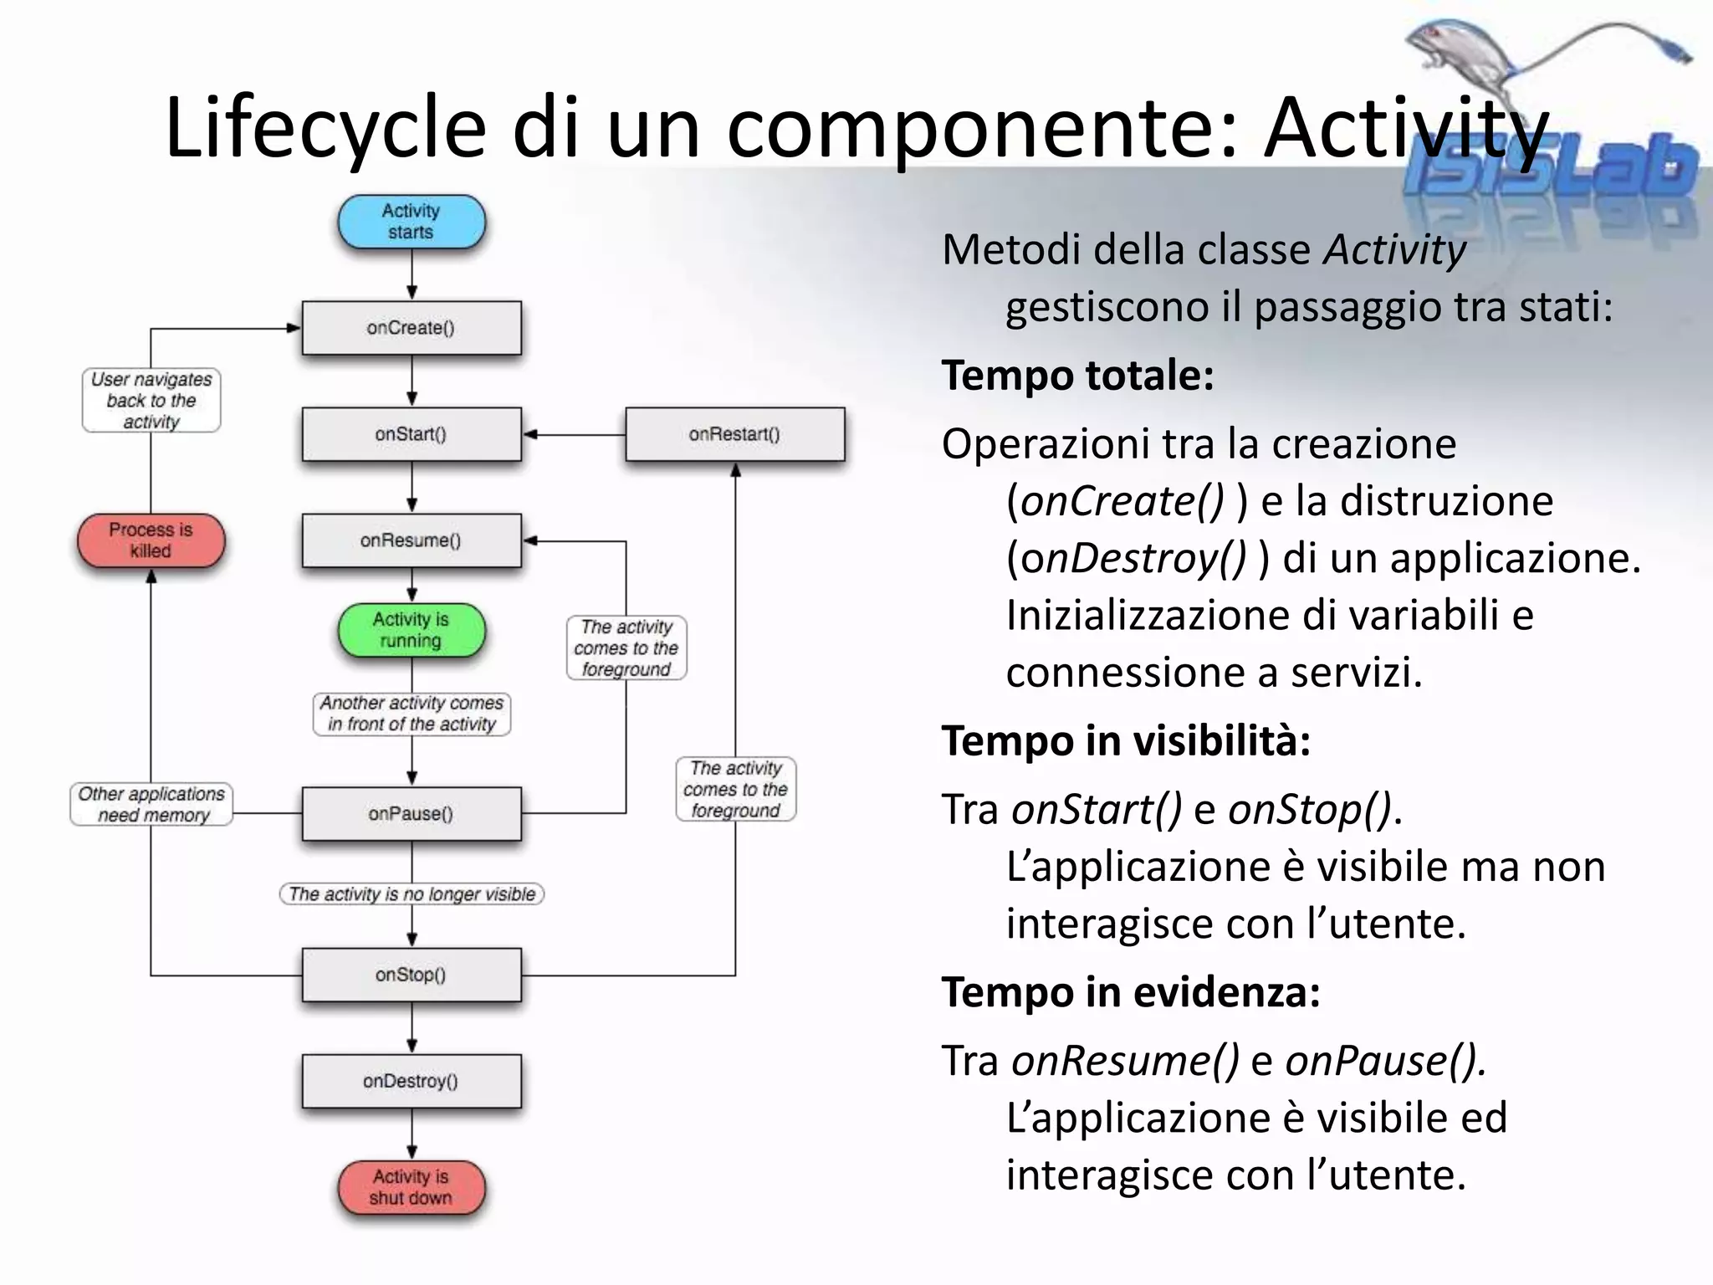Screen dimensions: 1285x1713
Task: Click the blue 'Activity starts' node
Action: click(411, 222)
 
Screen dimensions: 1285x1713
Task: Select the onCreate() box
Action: click(411, 328)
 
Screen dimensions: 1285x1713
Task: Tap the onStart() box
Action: click(411, 434)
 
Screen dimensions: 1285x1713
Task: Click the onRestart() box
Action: click(734, 434)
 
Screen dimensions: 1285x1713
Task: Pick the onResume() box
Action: click(411, 540)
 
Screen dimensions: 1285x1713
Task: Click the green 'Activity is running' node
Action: click(411, 630)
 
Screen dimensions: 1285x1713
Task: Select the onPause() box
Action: click(411, 813)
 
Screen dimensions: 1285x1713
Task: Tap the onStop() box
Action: click(411, 975)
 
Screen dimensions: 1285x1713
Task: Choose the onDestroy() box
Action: click(411, 1081)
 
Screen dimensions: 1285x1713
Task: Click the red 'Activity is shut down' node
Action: click(411, 1187)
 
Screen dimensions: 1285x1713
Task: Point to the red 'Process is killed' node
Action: click(151, 540)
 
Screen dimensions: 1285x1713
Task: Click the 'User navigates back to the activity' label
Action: click(151, 401)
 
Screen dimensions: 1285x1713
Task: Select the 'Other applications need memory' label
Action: click(151, 804)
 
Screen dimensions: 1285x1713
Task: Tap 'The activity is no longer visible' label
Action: click(412, 894)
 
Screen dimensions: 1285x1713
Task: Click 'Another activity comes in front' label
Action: click(412, 714)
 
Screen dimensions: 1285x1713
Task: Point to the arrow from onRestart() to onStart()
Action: click(573, 434)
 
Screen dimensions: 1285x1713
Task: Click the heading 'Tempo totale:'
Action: click(1077, 375)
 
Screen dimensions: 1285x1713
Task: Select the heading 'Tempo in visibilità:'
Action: click(1126, 740)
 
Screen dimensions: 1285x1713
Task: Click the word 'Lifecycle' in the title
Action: click(325, 128)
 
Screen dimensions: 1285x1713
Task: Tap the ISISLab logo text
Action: click(1547, 172)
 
